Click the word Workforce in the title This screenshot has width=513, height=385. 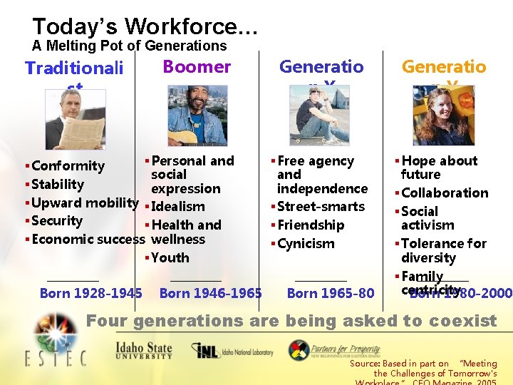(182, 27)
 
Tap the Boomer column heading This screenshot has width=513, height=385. (197, 67)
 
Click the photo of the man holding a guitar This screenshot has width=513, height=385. (196, 115)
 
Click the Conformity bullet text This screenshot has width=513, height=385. (68, 166)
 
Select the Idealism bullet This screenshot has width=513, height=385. (177, 207)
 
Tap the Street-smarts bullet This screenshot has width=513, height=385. (321, 207)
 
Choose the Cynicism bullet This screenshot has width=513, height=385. (306, 244)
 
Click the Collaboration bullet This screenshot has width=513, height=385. (445, 193)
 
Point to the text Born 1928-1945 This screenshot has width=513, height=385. (90, 293)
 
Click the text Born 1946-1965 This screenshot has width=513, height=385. (210, 293)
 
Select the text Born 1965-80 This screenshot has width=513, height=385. (330, 293)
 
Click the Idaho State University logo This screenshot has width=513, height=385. (144, 351)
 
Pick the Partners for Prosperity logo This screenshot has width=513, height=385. (335, 350)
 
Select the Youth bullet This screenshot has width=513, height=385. (170, 258)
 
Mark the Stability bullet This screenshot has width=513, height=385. (58, 185)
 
